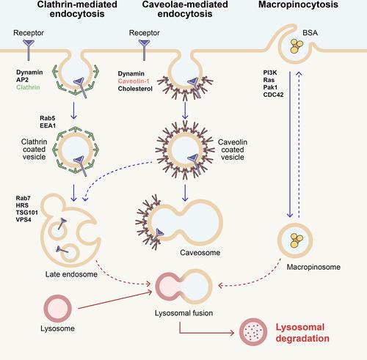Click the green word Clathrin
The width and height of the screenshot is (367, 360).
28,87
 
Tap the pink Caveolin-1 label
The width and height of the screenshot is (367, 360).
134,81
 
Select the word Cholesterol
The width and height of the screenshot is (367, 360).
135,89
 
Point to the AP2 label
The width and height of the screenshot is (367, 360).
22,80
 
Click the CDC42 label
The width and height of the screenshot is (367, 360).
273,95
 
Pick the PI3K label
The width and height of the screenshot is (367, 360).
270,73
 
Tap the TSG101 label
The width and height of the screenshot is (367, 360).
27,213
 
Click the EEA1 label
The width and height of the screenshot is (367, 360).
48,125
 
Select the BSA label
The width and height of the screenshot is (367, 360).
310,33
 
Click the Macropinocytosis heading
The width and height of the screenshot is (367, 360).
298,4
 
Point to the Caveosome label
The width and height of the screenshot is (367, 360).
200,252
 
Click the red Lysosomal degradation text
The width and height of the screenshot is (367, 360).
302,333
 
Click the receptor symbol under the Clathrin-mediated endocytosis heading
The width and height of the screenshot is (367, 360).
29,50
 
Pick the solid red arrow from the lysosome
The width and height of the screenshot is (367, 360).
115,300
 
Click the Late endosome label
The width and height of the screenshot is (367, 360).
71,274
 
